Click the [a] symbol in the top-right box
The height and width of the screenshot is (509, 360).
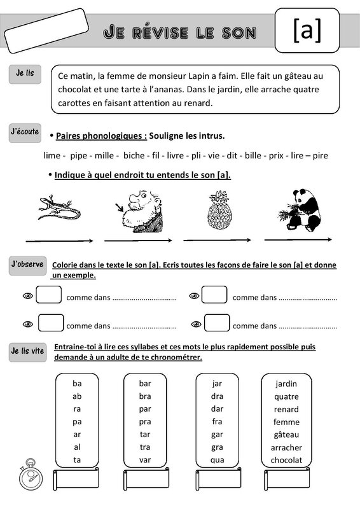tap(307, 31)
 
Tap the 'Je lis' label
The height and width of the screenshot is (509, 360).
tap(25, 74)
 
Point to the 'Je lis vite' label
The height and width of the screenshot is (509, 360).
tap(27, 351)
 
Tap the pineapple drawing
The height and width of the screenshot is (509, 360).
tap(219, 210)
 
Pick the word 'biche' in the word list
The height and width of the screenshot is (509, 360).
tap(134, 155)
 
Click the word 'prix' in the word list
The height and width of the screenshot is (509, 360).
tap(276, 155)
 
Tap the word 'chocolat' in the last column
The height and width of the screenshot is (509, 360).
tap(286, 460)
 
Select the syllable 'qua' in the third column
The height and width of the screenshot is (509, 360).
tap(217, 460)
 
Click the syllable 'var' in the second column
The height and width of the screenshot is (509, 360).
tap(145, 460)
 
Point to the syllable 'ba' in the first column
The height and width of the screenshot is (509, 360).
tap(77, 384)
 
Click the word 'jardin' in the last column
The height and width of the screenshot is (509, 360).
tap(286, 384)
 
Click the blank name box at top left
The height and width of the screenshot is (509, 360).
tap(46, 31)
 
